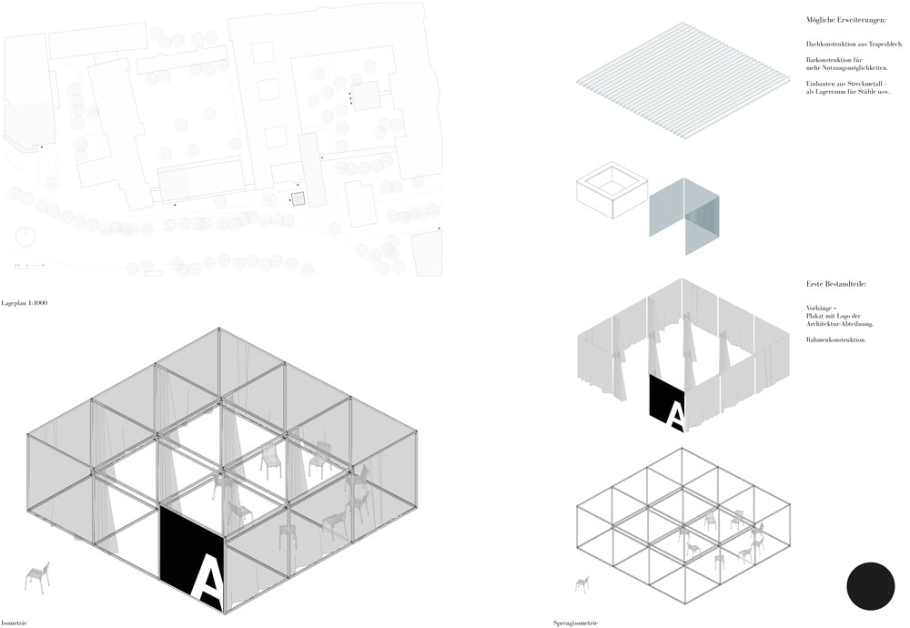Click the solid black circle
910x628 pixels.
871,586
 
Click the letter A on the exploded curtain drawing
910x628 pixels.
675,417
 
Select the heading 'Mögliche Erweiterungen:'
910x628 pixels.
846,20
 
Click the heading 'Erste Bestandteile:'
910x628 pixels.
835,284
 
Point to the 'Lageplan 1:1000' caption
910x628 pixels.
25,303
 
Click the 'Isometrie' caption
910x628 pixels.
14,623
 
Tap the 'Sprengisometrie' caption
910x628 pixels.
575,623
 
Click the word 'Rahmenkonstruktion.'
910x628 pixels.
835,339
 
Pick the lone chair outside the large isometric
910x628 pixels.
37,578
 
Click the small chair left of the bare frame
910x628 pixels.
582,583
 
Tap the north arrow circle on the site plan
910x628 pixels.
25,237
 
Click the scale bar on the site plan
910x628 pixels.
30,265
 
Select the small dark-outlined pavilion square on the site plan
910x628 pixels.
298,198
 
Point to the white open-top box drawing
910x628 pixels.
612,190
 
